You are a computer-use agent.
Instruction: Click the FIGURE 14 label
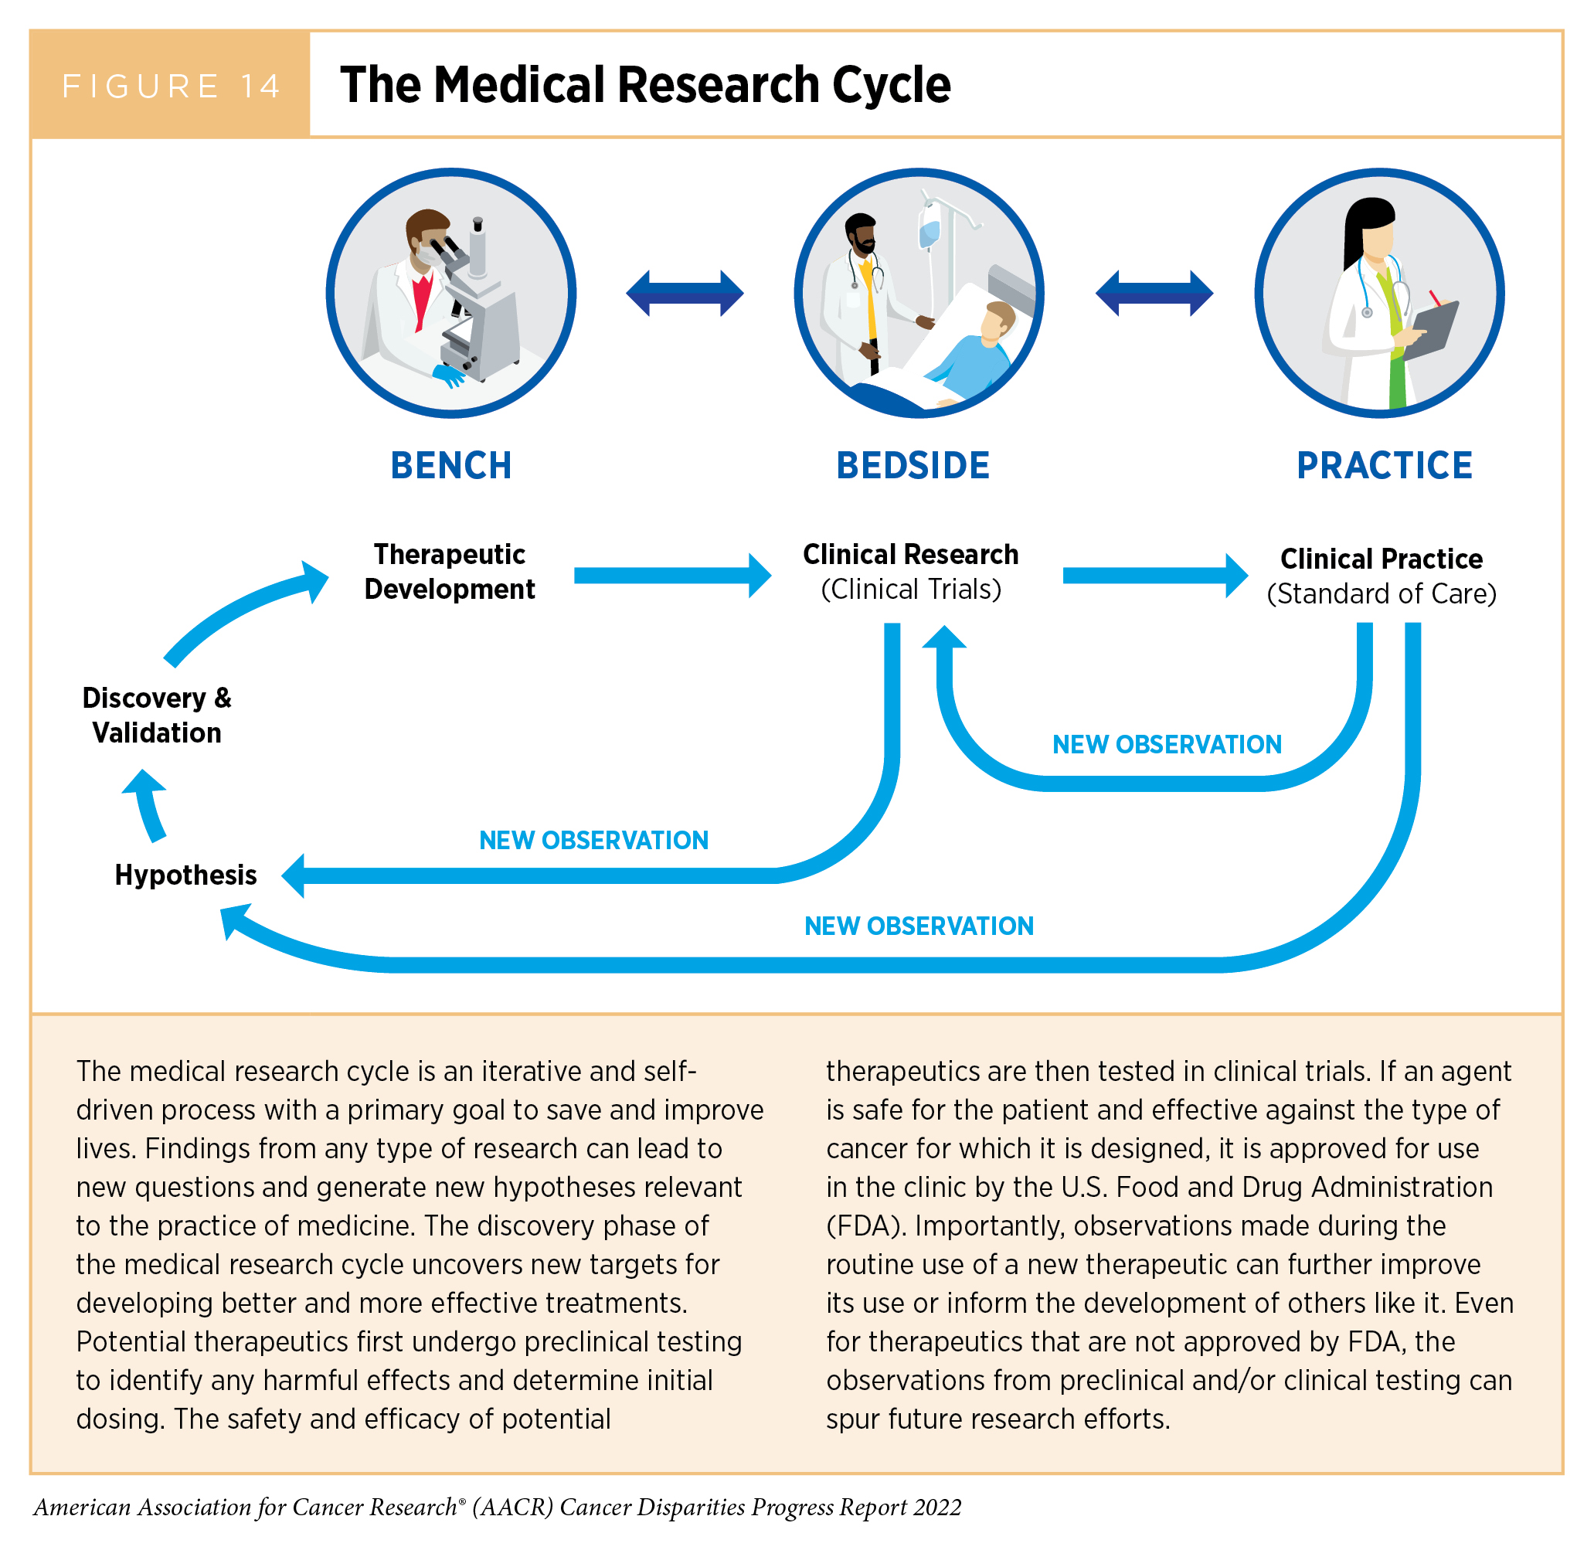[x=171, y=86]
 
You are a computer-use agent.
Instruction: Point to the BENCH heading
[x=451, y=466]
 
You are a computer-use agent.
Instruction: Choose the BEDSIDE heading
[x=913, y=466]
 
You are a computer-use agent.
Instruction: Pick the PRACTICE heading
[x=1384, y=466]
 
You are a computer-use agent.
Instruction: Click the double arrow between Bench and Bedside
[x=685, y=293]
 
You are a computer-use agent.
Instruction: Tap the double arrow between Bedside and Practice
[x=1154, y=293]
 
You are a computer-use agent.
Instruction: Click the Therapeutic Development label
[x=450, y=572]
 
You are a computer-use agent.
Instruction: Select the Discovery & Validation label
[x=157, y=715]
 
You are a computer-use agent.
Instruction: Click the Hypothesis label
[x=185, y=875]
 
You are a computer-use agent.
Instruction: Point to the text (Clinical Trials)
[x=911, y=590]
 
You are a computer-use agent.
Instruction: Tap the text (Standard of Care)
[x=1382, y=594]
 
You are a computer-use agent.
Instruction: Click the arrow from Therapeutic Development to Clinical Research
[x=671, y=576]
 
